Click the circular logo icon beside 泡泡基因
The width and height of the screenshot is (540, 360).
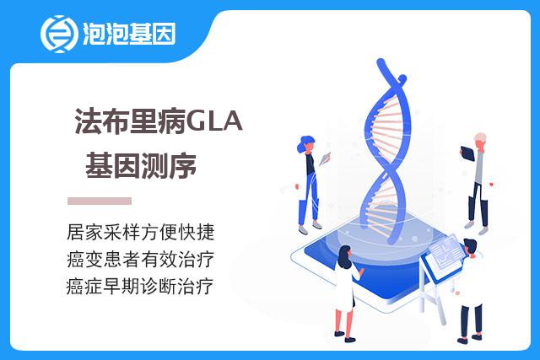(57, 34)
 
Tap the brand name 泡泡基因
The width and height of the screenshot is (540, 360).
(129, 34)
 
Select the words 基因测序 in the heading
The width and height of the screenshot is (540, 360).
(141, 166)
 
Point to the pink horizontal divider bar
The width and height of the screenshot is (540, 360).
(100, 201)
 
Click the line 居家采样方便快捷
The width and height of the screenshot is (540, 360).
(141, 232)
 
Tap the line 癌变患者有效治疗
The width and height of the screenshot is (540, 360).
(141, 259)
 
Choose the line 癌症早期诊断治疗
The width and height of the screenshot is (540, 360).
(140, 287)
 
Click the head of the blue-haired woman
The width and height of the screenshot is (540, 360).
(306, 143)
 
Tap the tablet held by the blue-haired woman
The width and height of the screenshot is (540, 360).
(324, 159)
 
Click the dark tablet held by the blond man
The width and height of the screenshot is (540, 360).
(467, 153)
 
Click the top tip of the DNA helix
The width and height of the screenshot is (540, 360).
(381, 62)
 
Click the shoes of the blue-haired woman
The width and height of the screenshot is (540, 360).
(310, 228)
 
